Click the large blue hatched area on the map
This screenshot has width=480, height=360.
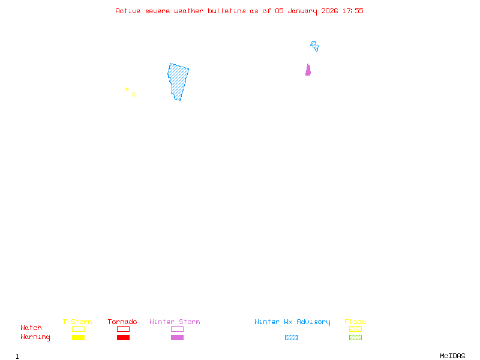178,81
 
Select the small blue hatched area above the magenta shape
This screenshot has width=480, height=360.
314,46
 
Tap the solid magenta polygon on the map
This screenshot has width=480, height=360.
308,71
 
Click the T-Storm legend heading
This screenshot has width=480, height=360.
77,322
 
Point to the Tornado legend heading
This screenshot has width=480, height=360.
122,322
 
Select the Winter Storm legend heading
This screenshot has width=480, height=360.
175,322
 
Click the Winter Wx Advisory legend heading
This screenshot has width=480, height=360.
292,322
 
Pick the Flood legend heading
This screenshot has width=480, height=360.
355,322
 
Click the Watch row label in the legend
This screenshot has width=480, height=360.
31,328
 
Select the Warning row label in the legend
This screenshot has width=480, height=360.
35,337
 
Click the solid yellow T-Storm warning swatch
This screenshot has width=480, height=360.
78,338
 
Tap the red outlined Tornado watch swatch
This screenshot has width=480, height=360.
123,329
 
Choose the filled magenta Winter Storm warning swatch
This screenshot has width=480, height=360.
177,338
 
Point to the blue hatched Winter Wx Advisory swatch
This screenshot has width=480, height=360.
291,338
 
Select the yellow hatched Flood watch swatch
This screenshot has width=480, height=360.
355,329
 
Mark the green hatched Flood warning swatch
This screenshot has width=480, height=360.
355,338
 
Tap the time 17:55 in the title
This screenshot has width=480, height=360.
353,11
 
